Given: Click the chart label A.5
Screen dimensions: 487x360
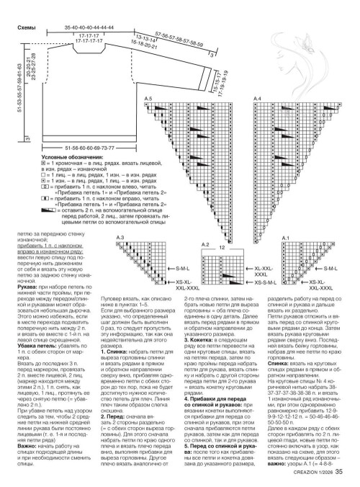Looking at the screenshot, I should tap(149, 97).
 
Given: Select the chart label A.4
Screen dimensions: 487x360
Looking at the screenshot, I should tap(258, 97).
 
